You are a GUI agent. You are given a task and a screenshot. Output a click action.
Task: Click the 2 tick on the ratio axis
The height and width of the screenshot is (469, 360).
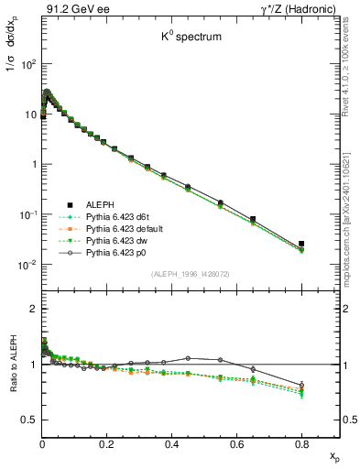pos(33,309)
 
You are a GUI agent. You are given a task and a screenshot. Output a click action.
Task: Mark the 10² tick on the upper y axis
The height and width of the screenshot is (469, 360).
pos(27,64)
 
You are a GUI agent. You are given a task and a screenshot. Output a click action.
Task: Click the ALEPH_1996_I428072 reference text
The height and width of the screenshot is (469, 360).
pos(190,273)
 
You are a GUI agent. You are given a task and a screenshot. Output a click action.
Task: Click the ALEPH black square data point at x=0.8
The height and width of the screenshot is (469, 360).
pos(301,244)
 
